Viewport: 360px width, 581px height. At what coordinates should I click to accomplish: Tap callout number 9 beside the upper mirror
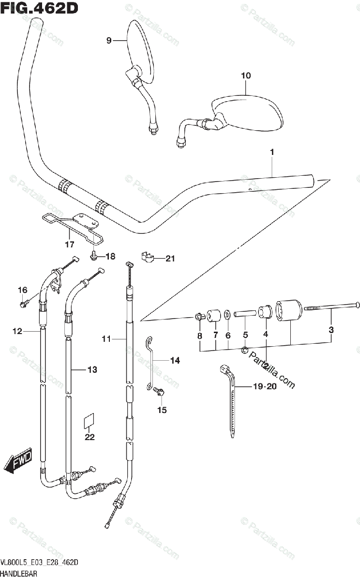click(x=109, y=41)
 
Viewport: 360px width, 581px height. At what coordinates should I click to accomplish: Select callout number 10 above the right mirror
click(x=246, y=76)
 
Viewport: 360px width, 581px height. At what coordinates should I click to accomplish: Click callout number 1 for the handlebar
click(x=272, y=152)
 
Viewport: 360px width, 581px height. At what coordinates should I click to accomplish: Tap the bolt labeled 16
click(x=23, y=304)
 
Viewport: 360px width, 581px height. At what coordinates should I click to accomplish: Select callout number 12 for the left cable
click(x=17, y=332)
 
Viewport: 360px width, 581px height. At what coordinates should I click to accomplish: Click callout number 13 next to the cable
click(x=92, y=370)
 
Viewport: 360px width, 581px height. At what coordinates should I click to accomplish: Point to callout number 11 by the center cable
click(x=106, y=339)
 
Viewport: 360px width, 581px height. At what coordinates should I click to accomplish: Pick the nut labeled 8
click(x=199, y=317)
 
